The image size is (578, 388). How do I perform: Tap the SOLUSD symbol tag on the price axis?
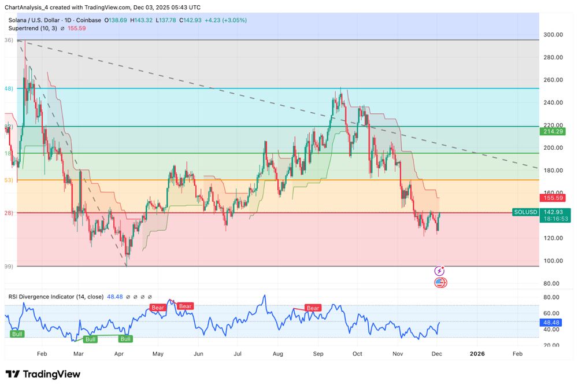(x=525, y=212)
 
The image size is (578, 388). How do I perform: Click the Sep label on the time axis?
(x=318, y=353)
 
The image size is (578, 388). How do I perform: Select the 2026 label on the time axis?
(x=477, y=353)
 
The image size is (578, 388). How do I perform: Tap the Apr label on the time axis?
(x=120, y=353)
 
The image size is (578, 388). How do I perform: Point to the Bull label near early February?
(x=17, y=334)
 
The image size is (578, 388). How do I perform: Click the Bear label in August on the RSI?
(x=313, y=308)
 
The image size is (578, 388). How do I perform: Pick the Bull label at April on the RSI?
(x=125, y=339)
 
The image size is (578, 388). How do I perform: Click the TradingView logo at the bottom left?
(x=43, y=374)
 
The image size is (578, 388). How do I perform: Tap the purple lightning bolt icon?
(x=439, y=271)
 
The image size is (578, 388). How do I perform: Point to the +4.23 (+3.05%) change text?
(x=225, y=20)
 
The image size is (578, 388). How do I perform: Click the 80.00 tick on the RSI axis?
(x=551, y=297)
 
